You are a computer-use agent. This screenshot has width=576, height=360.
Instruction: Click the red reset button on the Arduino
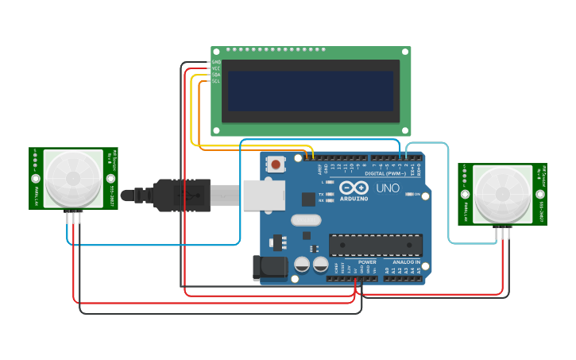tap(276, 165)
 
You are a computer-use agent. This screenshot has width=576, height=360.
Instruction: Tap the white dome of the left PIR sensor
tap(73, 178)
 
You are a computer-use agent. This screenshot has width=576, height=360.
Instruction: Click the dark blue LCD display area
tap(311, 91)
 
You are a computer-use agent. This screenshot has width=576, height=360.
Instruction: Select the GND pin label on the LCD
tap(215, 62)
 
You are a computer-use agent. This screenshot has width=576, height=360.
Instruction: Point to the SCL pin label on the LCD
tap(215, 81)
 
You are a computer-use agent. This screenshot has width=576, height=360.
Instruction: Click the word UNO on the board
tap(387, 188)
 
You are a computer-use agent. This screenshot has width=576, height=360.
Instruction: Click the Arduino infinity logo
tap(354, 188)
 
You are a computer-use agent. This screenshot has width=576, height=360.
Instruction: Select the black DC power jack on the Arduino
tap(269, 267)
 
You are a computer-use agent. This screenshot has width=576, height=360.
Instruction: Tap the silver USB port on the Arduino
tap(264, 195)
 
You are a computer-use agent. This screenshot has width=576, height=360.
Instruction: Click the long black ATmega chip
tap(375, 246)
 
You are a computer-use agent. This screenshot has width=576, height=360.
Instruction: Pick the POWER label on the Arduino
tap(367, 261)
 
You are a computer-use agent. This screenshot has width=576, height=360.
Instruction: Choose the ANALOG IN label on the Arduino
tap(406, 261)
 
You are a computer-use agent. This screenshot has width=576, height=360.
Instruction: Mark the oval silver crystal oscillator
tap(306, 220)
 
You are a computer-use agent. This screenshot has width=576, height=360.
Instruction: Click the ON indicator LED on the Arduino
tap(408, 194)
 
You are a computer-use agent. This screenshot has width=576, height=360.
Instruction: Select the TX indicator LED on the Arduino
tap(331, 194)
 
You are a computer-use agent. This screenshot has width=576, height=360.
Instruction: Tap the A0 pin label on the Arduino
tap(387, 271)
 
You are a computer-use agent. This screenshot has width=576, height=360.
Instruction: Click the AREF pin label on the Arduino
tap(320, 168)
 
